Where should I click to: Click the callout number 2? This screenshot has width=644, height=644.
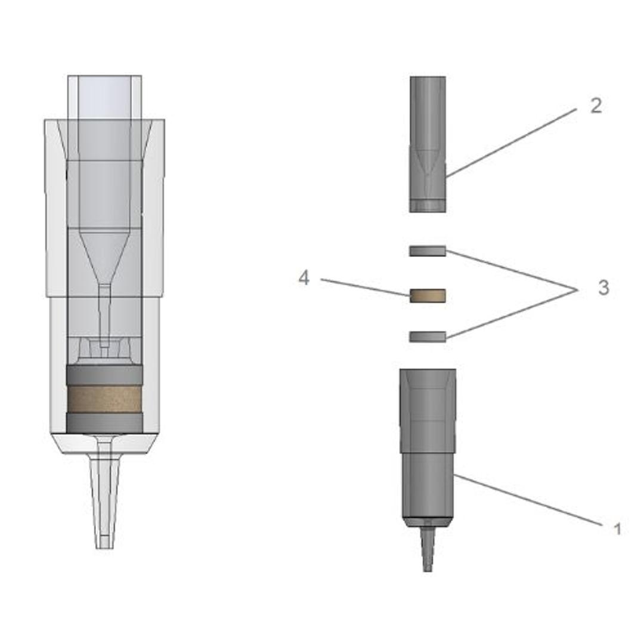[595, 106]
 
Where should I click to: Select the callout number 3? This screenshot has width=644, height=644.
[603, 288]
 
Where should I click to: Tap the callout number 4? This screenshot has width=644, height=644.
[304, 278]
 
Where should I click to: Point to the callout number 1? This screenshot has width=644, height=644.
[617, 528]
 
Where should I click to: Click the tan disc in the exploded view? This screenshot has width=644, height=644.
[427, 295]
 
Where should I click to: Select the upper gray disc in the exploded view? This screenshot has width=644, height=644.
[427, 251]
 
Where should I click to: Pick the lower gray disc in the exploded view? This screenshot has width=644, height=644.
[427, 337]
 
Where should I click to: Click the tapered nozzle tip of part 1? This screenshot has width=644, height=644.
[427, 549]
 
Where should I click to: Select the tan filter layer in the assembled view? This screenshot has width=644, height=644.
[104, 399]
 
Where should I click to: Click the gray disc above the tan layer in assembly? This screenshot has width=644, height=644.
[104, 375]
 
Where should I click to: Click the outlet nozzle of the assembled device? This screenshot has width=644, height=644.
[104, 501]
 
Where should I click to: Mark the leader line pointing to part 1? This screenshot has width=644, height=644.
[528, 500]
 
